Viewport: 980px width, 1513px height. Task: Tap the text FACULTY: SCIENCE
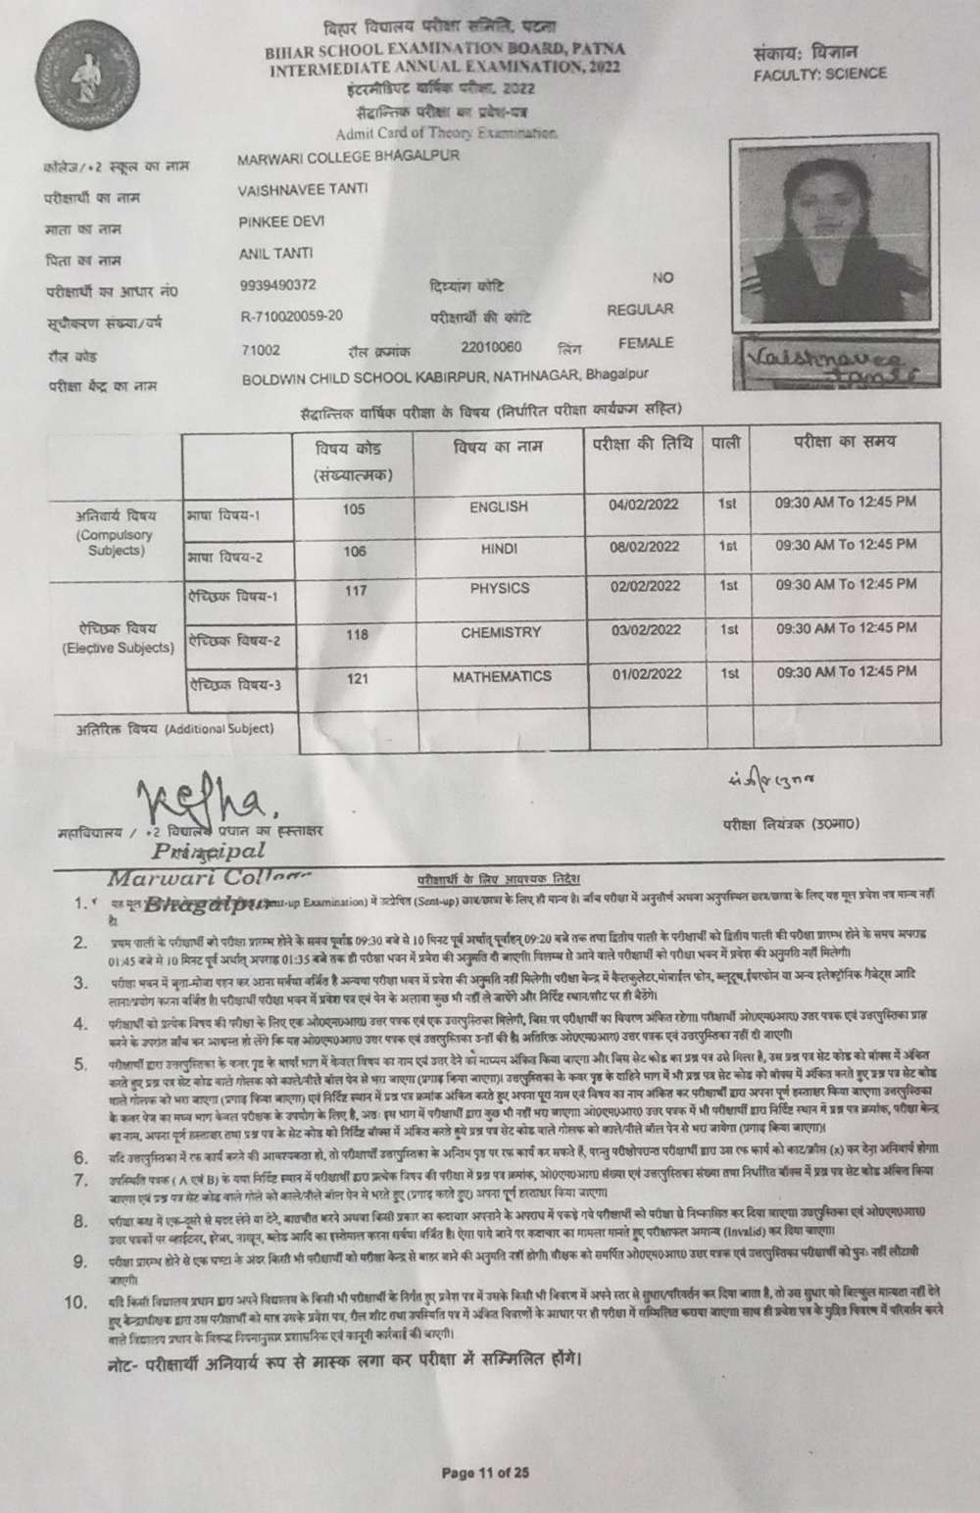click(820, 73)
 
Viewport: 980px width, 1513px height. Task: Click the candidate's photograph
click(828, 235)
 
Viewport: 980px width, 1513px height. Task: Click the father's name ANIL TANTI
click(276, 254)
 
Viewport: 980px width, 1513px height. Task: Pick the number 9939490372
click(278, 285)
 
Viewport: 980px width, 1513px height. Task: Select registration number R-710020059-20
click(292, 316)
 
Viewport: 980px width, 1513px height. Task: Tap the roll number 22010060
click(491, 347)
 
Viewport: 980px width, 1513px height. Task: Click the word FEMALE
click(645, 343)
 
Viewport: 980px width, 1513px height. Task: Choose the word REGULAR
click(640, 310)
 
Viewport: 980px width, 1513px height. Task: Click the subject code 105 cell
click(354, 509)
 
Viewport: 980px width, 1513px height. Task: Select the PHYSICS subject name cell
click(499, 588)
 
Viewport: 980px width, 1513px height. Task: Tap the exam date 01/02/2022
click(646, 674)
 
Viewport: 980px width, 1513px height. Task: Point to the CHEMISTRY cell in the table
click(500, 633)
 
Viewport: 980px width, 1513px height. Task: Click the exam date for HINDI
click(645, 546)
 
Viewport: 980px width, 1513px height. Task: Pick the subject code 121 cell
click(357, 677)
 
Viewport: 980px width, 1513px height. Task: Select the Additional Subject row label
click(174, 729)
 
